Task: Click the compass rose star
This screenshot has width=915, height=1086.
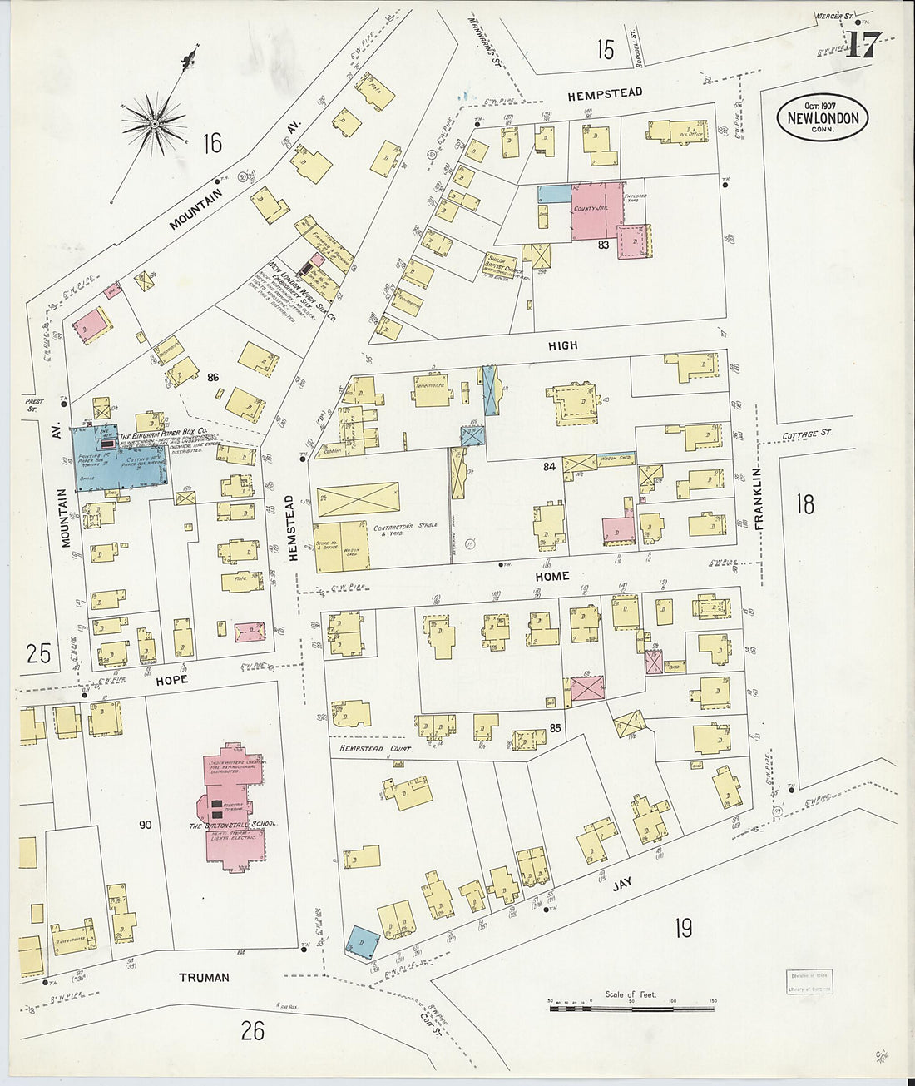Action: pos(154,124)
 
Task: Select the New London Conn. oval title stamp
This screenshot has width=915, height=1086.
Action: pos(823,118)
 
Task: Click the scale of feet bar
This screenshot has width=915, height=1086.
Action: pos(631,1008)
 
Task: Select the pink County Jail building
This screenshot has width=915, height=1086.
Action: pos(596,211)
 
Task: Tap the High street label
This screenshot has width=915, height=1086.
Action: pos(562,345)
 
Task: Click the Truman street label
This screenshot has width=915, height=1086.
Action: pos(204,977)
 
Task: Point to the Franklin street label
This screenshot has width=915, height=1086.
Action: pos(757,498)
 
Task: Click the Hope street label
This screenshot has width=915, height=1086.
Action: pos(171,680)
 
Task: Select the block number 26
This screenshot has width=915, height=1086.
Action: pos(253,1031)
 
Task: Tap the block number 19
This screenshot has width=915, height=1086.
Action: pos(683,928)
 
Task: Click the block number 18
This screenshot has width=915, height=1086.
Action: pos(804,504)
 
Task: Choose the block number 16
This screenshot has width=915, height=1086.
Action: pos(212,143)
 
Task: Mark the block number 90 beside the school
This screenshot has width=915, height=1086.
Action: pos(146,825)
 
